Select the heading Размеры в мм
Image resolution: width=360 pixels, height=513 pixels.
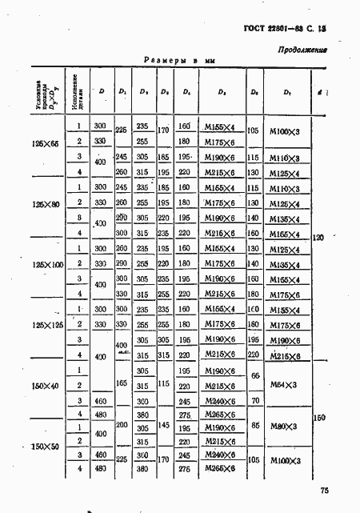180,61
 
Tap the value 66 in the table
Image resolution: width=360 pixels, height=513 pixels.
255,376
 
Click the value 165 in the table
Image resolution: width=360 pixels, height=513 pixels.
122,384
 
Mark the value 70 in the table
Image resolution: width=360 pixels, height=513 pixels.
255,399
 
